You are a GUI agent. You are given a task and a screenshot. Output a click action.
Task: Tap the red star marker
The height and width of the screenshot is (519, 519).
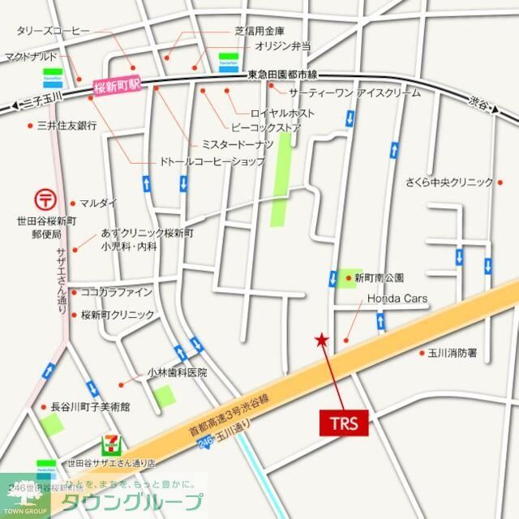pyautogui.click(x=323, y=339)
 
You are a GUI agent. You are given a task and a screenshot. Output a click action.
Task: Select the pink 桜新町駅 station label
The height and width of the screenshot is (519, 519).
pyautogui.click(x=118, y=86)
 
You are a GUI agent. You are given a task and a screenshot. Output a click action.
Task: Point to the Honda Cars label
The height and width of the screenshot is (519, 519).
pyautogui.click(x=397, y=299)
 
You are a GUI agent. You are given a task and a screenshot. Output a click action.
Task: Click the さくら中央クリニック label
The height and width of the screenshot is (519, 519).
pyautogui.click(x=450, y=182)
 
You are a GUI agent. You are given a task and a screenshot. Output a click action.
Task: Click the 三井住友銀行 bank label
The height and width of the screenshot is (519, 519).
pyautogui.click(x=67, y=126)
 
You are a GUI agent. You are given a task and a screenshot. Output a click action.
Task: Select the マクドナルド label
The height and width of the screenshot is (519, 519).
pyautogui.click(x=32, y=58)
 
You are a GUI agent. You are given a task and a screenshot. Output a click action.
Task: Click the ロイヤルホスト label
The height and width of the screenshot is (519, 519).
pyautogui.click(x=283, y=113)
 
